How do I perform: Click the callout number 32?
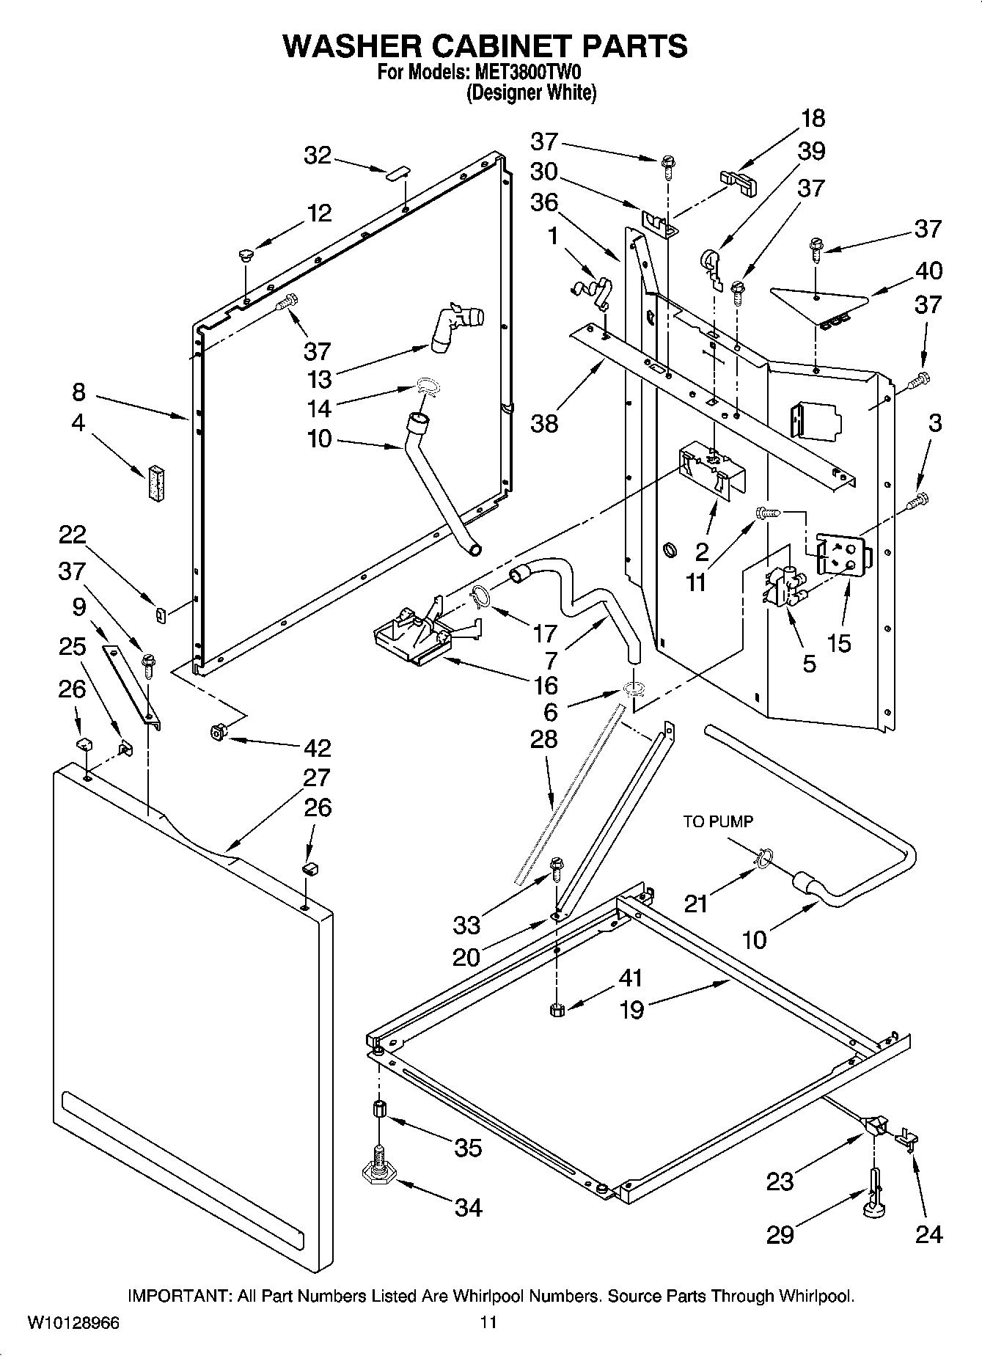[317, 155]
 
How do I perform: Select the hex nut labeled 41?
[556, 1010]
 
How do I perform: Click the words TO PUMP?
[718, 822]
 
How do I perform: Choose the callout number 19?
[631, 1011]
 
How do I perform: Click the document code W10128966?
[73, 1322]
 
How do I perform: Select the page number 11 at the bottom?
[488, 1322]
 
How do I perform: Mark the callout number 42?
[316, 747]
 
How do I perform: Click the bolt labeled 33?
[555, 870]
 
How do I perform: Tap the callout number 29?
[780, 1235]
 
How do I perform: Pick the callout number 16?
[545, 686]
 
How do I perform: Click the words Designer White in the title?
[532, 93]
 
